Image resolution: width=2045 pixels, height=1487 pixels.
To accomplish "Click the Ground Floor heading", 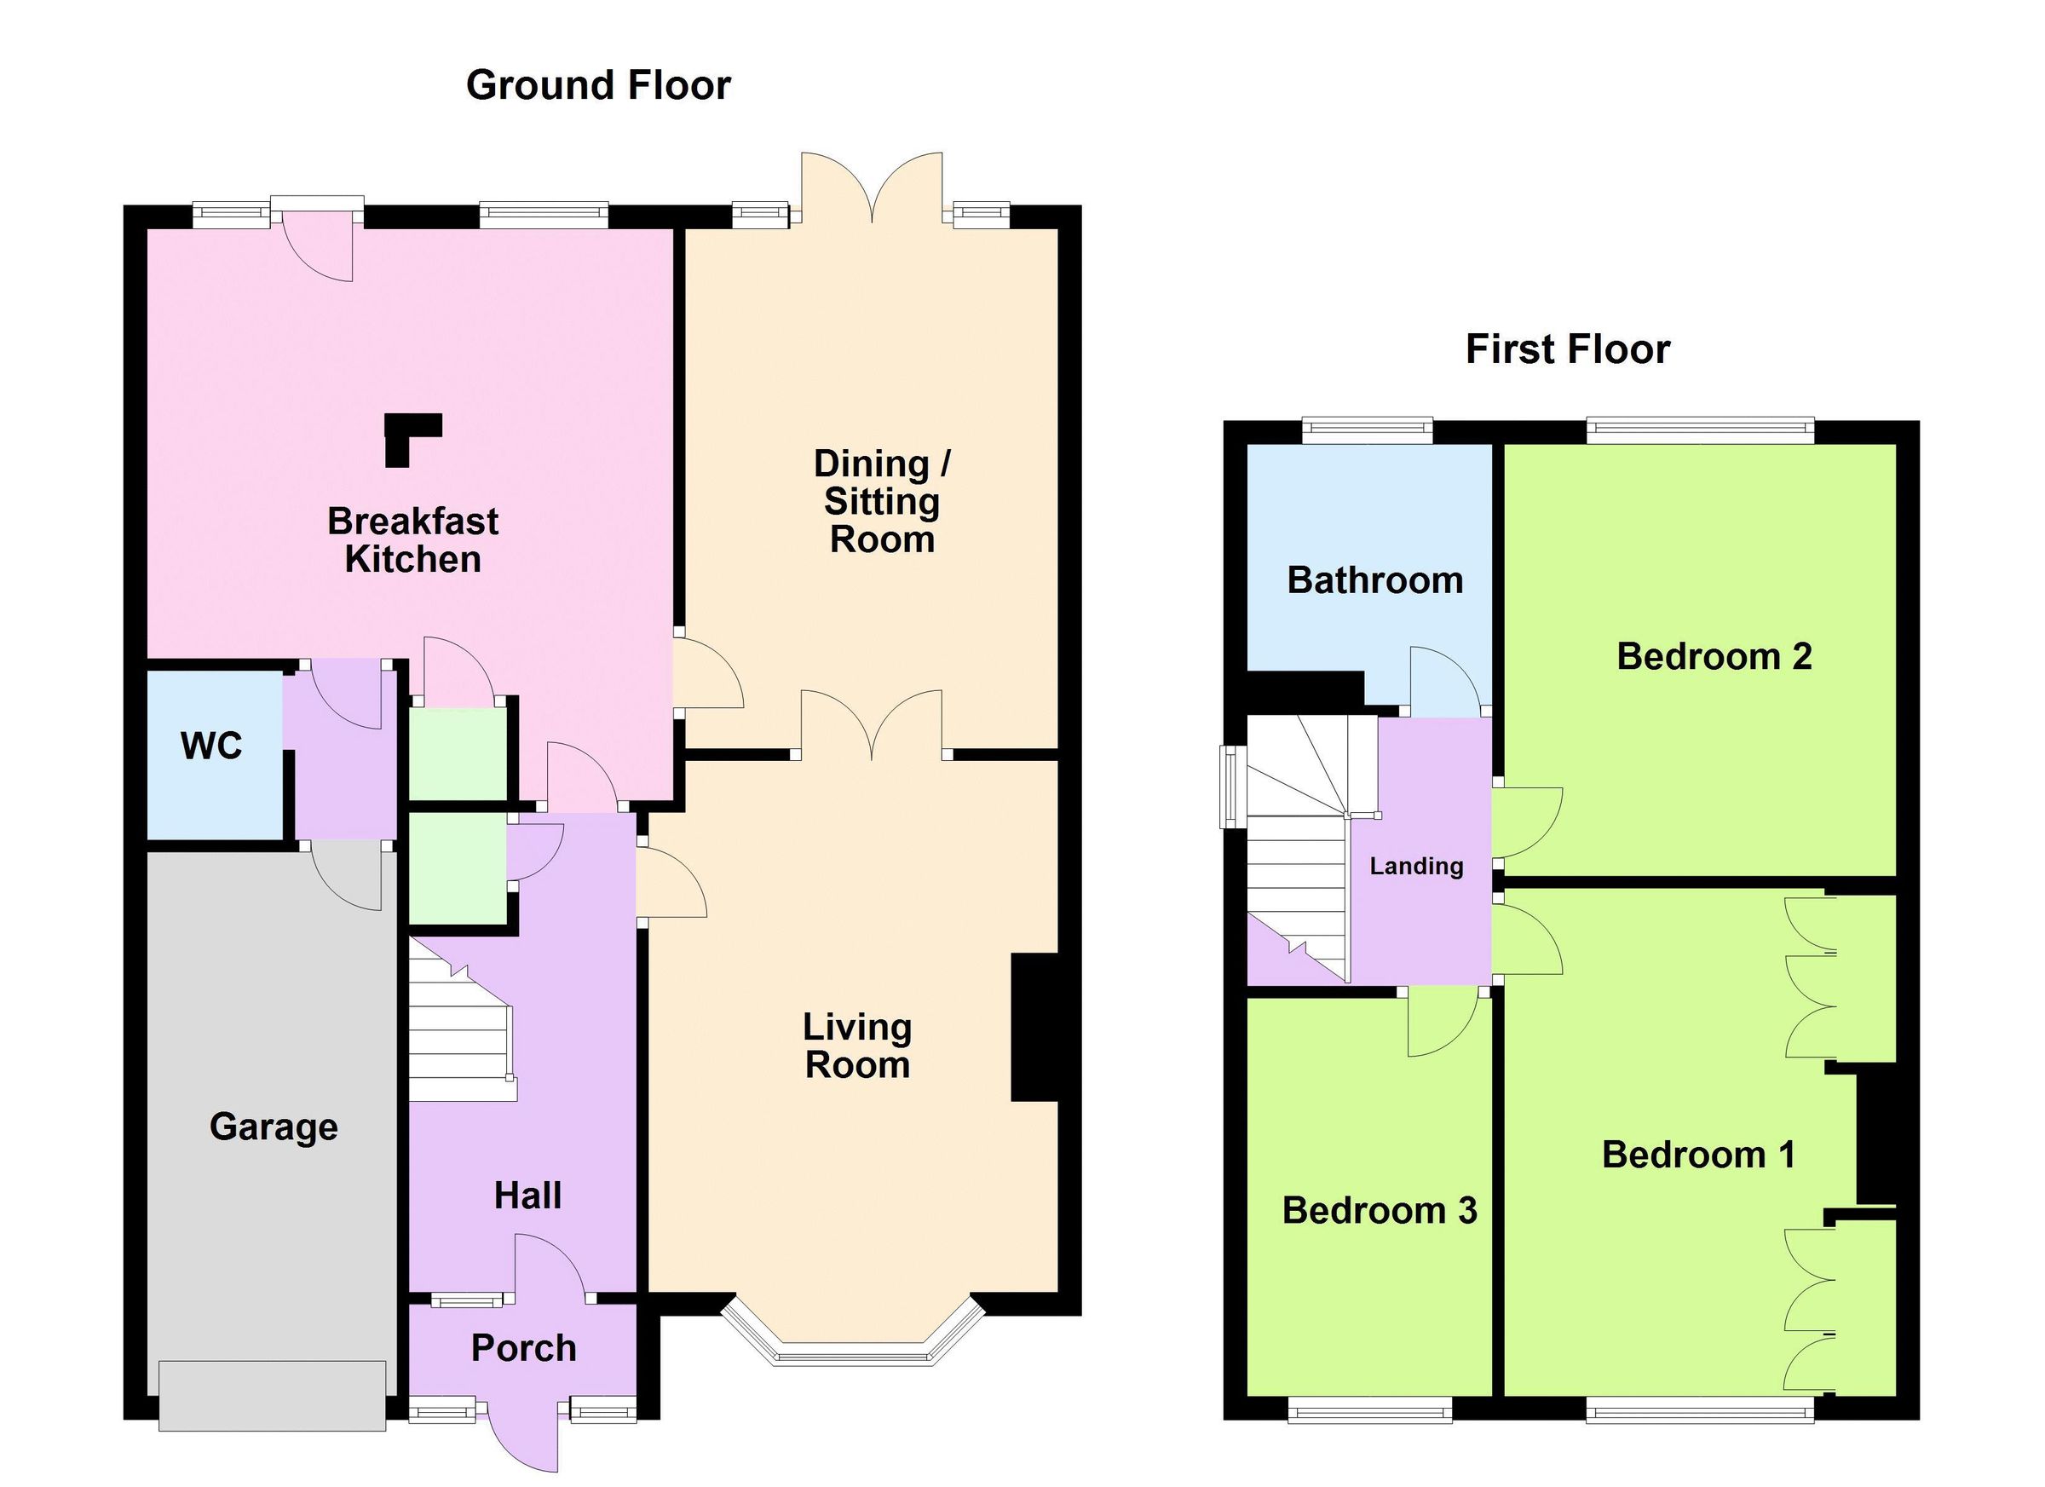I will [x=598, y=86].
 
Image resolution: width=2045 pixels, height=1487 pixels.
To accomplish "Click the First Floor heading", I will [x=1567, y=350].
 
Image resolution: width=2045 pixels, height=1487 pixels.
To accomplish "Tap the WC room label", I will [x=211, y=746].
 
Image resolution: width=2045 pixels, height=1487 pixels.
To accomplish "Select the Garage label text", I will [x=274, y=1127].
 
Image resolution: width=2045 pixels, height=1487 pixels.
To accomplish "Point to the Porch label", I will [x=523, y=1348].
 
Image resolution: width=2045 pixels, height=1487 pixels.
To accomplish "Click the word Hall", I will [x=527, y=1196].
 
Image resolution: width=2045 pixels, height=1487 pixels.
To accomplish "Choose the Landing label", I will [x=1415, y=867].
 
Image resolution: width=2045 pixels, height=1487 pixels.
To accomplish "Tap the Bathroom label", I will [x=1374, y=580].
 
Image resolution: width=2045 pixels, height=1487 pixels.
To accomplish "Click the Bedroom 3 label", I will [x=1379, y=1211].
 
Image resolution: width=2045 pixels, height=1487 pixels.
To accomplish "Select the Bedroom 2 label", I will [x=1714, y=656].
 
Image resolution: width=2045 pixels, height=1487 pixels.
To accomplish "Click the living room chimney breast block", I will [x=1034, y=1027].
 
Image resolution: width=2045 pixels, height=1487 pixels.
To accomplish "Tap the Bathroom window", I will [x=1367, y=430].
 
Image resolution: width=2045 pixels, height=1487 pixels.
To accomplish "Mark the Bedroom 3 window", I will [x=1368, y=1409].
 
